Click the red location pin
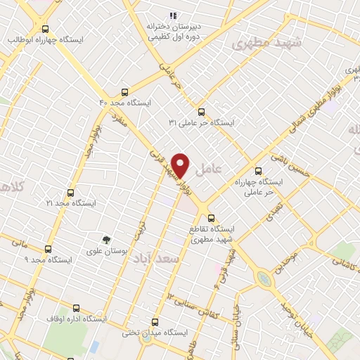coord(181,165)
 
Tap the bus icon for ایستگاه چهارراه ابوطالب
coord(46,29)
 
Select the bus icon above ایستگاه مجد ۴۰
coord(125,91)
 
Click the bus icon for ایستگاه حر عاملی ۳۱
coord(201,111)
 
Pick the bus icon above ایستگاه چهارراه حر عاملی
coord(258,170)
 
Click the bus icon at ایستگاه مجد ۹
coord(49,249)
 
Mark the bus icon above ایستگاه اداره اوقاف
coord(77,308)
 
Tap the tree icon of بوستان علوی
coord(106,240)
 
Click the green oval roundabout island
coord(264,279)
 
